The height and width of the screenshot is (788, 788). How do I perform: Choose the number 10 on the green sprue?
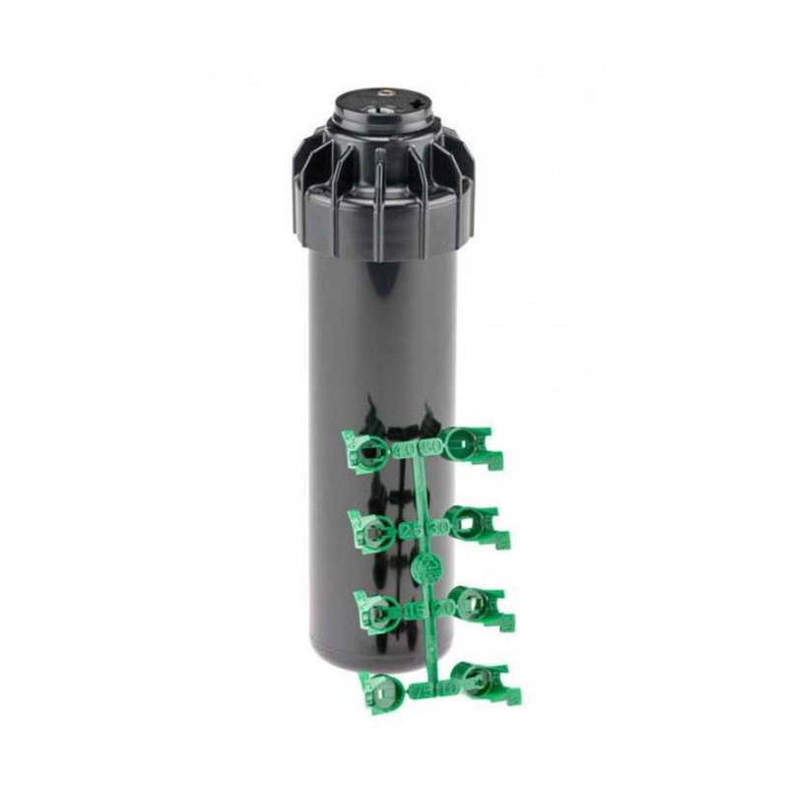pos(448,689)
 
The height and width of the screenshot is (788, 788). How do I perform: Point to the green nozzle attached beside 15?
pos(378,613)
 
